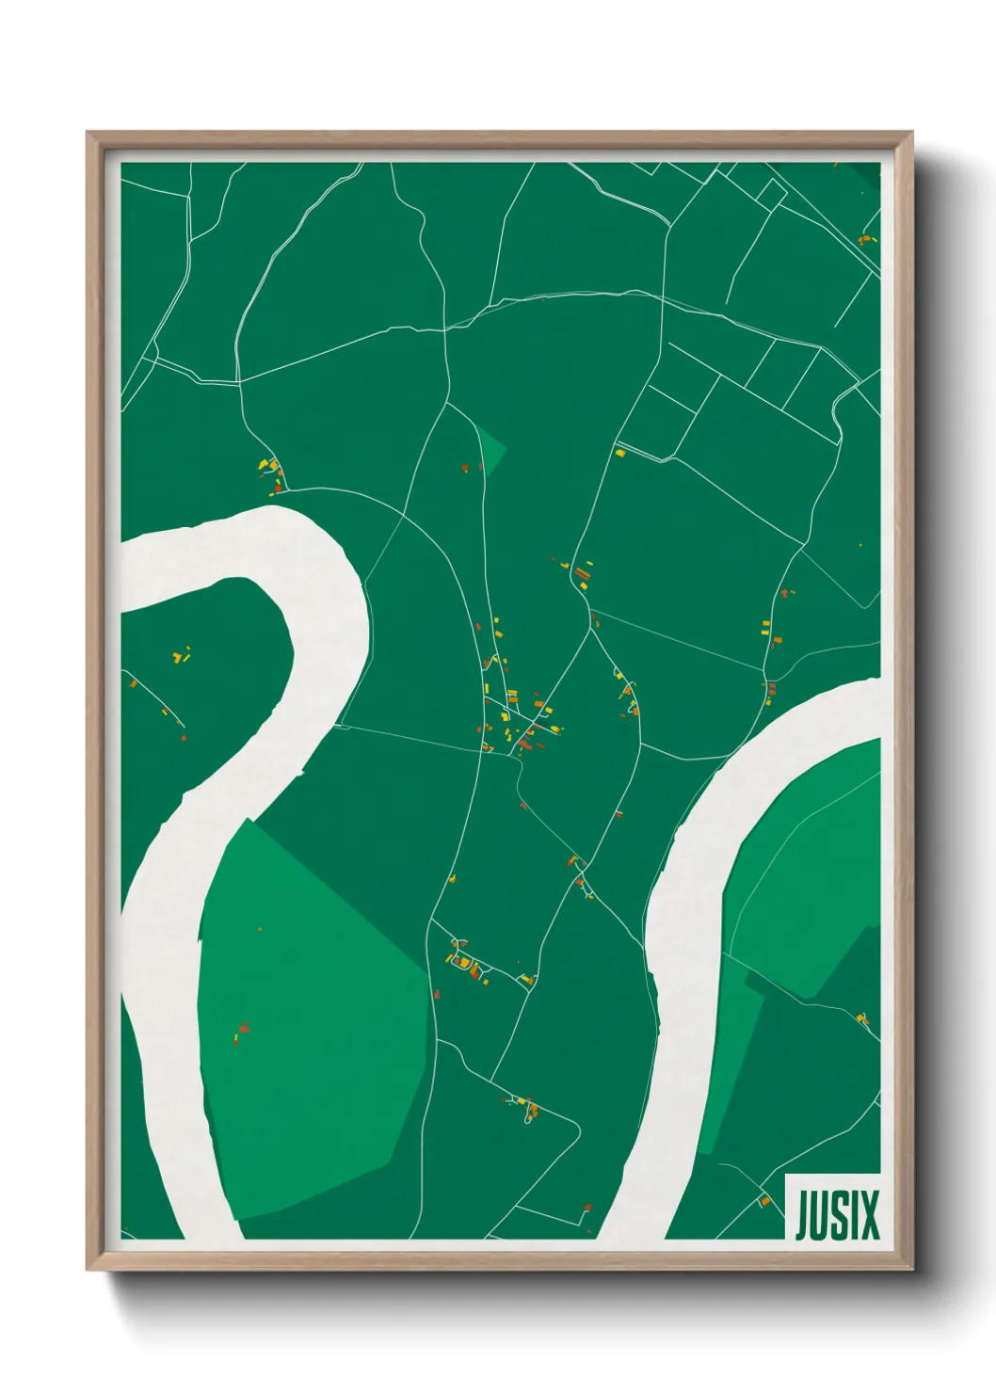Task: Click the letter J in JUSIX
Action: [803, 1215]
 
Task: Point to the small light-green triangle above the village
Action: [490, 448]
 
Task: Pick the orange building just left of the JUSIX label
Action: [764, 1202]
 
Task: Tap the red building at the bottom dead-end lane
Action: [587, 1208]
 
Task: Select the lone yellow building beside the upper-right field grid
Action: [620, 454]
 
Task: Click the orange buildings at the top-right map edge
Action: [867, 240]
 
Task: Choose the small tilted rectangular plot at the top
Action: [771, 194]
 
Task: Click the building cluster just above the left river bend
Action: [271, 473]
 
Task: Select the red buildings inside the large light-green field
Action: [241, 1032]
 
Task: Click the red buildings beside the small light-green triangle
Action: [465, 466]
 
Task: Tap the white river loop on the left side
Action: [282, 659]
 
